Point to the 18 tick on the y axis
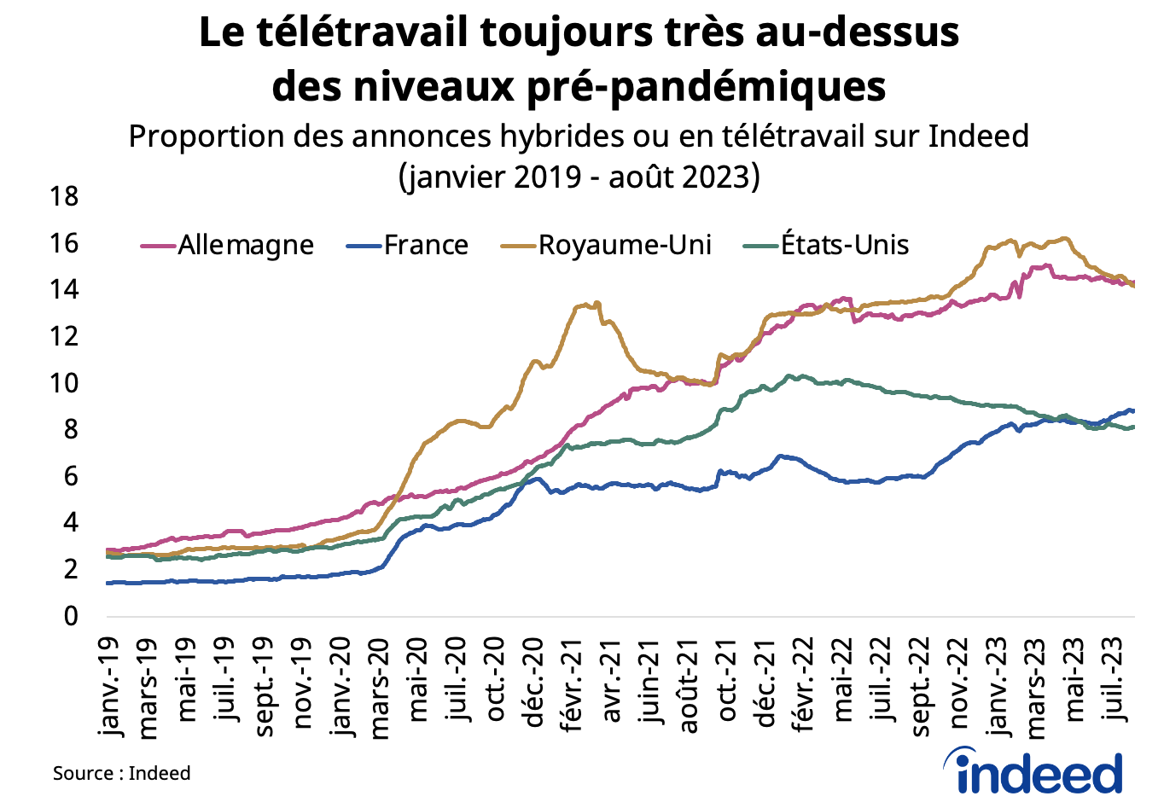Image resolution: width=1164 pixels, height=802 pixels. pyautogui.click(x=64, y=197)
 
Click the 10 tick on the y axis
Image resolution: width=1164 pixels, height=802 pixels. pyautogui.click(x=64, y=383)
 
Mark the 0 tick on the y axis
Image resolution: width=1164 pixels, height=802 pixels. pyautogui.click(x=70, y=616)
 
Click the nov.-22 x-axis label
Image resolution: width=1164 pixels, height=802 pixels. pyautogui.click(x=960, y=683)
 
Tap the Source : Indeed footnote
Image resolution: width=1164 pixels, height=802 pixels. pyautogui.click(x=121, y=773)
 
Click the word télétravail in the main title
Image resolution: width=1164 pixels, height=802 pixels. pyautogui.click(x=361, y=32)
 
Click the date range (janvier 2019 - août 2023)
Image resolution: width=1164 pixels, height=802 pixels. pyautogui.click(x=579, y=177)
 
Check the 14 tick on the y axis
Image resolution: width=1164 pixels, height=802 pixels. pyautogui.click(x=64, y=290)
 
